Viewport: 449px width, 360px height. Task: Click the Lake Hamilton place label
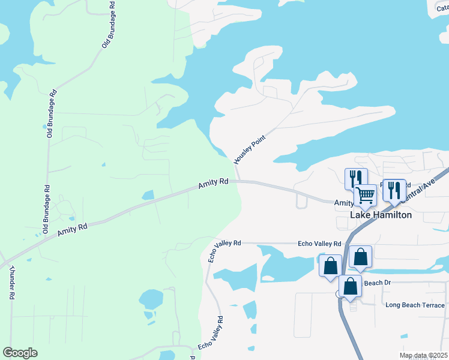pyautogui.click(x=381, y=215)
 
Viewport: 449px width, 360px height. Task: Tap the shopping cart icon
pyautogui.click(x=365, y=194)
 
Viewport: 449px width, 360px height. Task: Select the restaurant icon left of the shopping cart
pyautogui.click(x=356, y=178)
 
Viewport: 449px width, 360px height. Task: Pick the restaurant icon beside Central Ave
pyautogui.click(x=394, y=190)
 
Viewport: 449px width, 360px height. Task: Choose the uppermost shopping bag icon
pyautogui.click(x=360, y=256)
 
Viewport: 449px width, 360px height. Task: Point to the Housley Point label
pyautogui.click(x=249, y=150)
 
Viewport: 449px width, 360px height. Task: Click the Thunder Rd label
pyautogui.click(x=11, y=283)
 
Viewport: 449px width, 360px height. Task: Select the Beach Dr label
pyautogui.click(x=378, y=283)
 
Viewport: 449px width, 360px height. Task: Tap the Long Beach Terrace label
pyautogui.click(x=415, y=305)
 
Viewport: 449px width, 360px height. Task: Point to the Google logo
pyautogui.click(x=20, y=353)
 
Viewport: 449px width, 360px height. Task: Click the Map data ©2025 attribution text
pyautogui.click(x=423, y=355)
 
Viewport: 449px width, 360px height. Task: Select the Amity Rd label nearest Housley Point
pyautogui.click(x=214, y=183)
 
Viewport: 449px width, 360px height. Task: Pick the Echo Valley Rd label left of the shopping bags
pyautogui.click(x=319, y=244)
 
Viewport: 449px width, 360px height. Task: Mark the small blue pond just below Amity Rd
pyautogui.click(x=148, y=196)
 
